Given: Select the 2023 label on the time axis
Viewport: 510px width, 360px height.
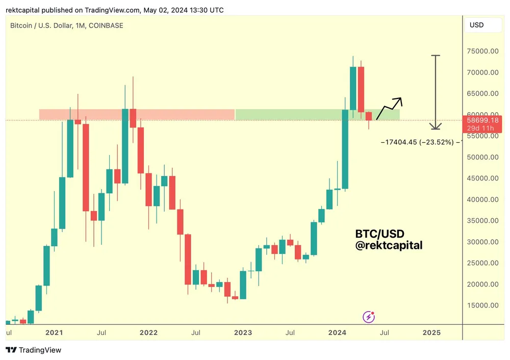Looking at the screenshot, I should pyautogui.click(x=243, y=333).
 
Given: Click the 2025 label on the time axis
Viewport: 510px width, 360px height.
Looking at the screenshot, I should pyautogui.click(x=431, y=333).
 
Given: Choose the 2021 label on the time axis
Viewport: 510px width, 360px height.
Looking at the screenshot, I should pyautogui.click(x=54, y=333).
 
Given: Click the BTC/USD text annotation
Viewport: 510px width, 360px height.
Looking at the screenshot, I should pyautogui.click(x=379, y=234).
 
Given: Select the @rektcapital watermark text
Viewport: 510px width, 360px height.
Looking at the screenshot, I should pyautogui.click(x=389, y=246).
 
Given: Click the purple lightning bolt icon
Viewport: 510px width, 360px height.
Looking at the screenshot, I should pyautogui.click(x=369, y=317).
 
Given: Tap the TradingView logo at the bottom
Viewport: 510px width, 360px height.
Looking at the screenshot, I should pyautogui.click(x=34, y=350).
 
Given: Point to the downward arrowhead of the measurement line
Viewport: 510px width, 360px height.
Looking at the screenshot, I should pyautogui.click(x=436, y=127).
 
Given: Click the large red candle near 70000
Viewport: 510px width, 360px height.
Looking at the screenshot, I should pyautogui.click(x=361, y=89).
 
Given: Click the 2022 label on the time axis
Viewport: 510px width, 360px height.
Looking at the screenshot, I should pyautogui.click(x=148, y=333).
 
